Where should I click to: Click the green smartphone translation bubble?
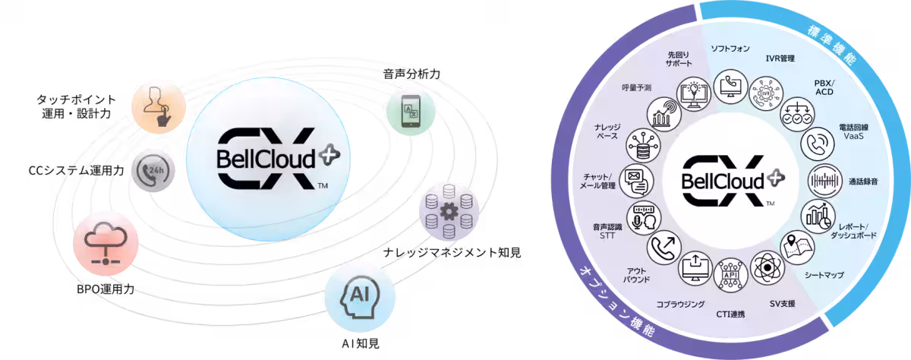pos(410,112)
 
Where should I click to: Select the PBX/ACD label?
pos(824,87)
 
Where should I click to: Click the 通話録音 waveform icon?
pos(823,180)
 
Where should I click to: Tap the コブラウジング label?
pos(681,304)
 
